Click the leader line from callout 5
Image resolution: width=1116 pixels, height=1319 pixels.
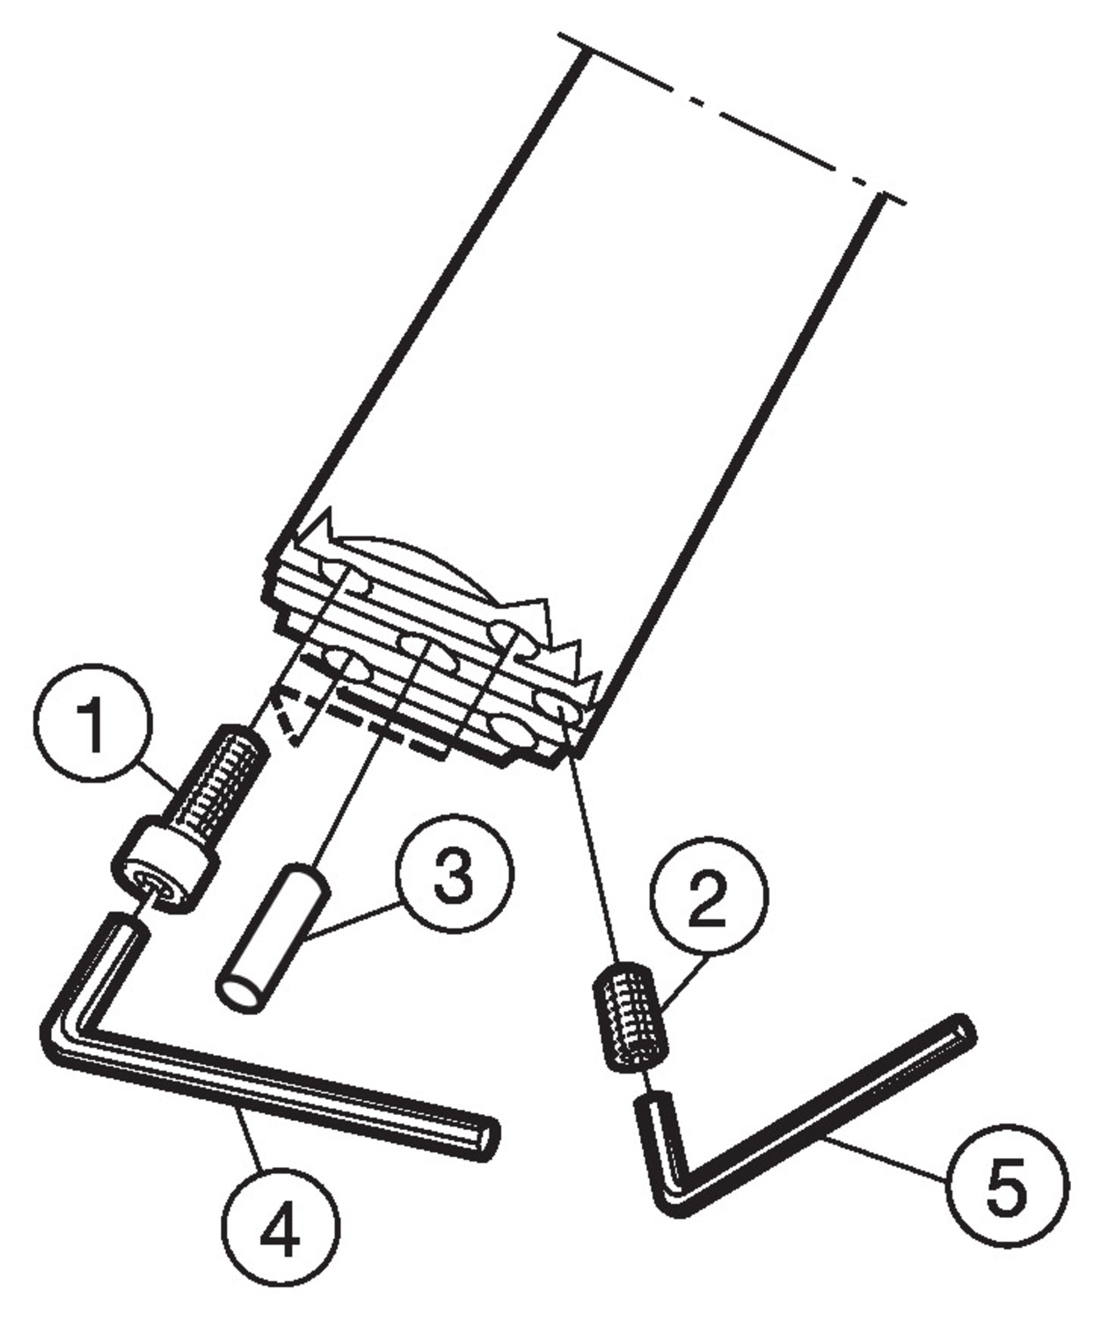coord(886,1157)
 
